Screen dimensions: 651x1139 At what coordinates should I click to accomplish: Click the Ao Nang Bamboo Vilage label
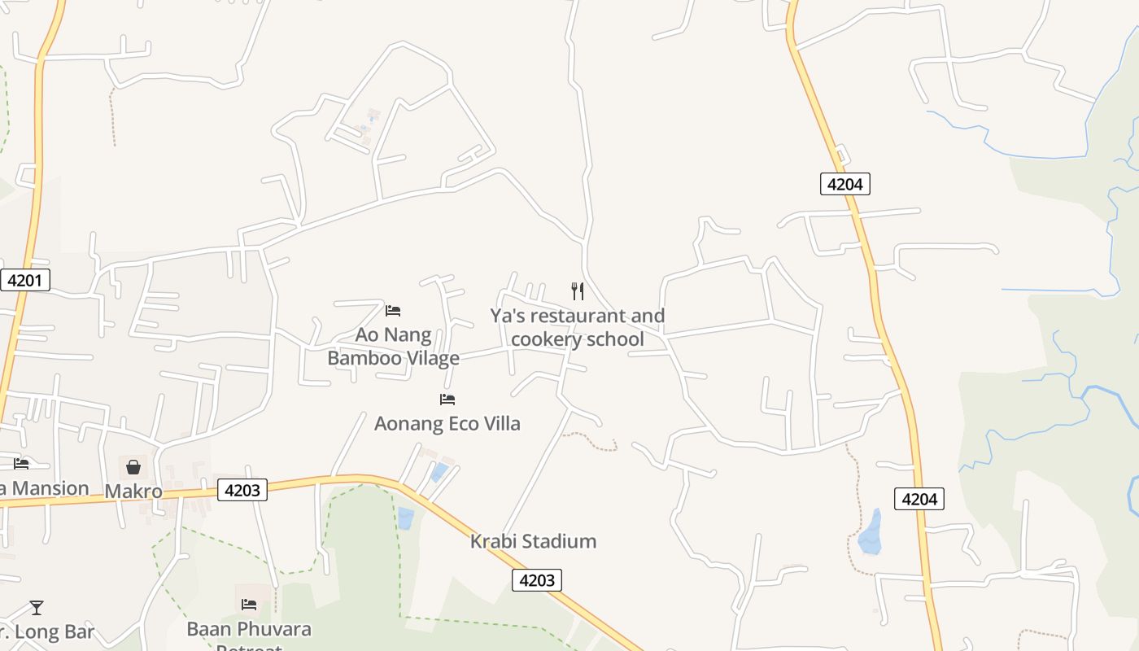tap(393, 347)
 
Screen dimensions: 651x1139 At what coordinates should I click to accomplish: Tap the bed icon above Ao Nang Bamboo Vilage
tap(393, 310)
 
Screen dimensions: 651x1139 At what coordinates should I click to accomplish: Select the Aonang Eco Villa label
tap(447, 424)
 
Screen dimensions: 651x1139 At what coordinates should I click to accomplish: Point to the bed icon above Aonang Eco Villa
tap(447, 399)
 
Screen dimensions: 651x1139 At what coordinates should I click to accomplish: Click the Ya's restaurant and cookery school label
tap(577, 327)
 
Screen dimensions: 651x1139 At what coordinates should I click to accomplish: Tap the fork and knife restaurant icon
tap(578, 291)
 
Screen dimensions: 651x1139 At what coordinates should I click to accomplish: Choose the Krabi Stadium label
tap(533, 541)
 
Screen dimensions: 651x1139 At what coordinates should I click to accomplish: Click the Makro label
tap(133, 492)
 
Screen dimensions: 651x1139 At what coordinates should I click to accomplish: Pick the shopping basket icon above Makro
tap(133, 467)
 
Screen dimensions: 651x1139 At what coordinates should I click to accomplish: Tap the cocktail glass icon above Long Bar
tap(37, 607)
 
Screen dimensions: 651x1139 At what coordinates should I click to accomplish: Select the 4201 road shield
tap(24, 281)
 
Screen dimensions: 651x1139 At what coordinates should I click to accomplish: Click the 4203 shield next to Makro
tap(242, 490)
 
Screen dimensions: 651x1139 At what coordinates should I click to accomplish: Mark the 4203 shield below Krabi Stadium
tap(537, 580)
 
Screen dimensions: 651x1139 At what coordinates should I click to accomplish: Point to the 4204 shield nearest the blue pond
tap(919, 499)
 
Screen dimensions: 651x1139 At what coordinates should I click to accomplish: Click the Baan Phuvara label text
tap(249, 629)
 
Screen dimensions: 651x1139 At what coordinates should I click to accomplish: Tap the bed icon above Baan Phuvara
tap(249, 604)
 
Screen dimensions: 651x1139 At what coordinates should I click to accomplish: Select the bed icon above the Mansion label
tap(21, 463)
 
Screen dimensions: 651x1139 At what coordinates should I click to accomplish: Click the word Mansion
tap(49, 488)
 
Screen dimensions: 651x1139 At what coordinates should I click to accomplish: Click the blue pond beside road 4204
tap(871, 533)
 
